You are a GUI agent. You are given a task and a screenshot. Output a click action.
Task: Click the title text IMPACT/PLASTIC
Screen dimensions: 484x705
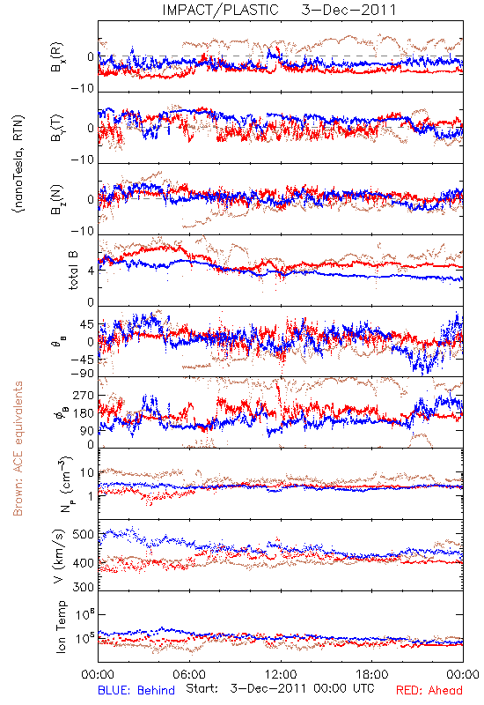[221, 10]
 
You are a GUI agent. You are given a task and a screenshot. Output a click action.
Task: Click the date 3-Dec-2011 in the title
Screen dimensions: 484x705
[348, 10]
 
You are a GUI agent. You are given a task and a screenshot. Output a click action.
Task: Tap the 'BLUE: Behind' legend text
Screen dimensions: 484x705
[136, 690]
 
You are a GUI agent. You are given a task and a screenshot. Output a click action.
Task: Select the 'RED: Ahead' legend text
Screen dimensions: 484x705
[429, 690]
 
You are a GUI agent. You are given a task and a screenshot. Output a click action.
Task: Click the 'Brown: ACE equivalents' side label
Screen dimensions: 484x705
[18, 449]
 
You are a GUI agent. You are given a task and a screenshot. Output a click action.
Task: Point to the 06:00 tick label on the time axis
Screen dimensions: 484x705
[189, 674]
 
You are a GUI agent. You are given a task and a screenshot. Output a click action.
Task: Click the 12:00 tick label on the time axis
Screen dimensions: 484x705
[281, 674]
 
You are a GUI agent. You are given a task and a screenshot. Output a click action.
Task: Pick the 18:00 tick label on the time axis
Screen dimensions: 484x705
[372, 674]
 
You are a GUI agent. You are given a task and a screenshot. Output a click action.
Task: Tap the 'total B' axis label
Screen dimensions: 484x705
[73, 271]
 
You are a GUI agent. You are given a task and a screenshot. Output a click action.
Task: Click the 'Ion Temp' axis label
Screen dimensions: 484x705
[61, 627]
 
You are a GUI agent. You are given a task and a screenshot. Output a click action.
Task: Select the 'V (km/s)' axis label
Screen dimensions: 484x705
[59, 556]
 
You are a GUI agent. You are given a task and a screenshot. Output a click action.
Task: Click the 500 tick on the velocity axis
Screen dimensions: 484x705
[84, 535]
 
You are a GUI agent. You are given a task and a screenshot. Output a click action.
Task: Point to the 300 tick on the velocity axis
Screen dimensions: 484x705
[84, 587]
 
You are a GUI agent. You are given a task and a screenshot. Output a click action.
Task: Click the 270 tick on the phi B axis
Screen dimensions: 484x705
[84, 396]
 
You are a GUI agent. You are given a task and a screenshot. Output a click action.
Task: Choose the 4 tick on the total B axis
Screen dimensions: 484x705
[91, 271]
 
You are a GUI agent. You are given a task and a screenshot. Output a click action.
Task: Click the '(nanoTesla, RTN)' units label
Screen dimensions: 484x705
[19, 163]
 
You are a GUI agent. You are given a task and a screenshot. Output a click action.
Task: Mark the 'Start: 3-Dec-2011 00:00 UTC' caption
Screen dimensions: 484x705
[280, 689]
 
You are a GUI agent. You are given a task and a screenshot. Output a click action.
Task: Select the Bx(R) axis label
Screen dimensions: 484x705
[57, 57]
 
